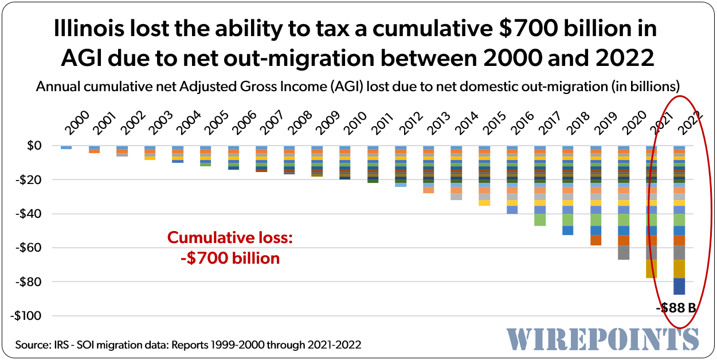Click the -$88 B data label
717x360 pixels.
point(676,308)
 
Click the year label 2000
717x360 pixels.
point(76,124)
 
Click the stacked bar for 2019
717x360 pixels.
point(595,195)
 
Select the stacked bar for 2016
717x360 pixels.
point(512,180)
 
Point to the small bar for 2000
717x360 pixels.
point(66,147)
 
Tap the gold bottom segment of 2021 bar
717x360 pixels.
point(651,269)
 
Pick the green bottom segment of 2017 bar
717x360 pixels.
point(540,220)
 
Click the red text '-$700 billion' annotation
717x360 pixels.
point(230,258)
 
